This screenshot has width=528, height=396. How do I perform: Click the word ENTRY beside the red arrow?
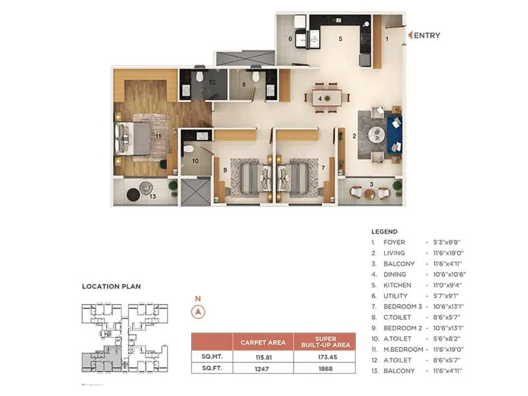pyautogui.click(x=428, y=36)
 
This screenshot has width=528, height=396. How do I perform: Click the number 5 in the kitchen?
pyautogui.click(x=341, y=39)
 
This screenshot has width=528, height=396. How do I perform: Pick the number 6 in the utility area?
pyautogui.click(x=290, y=39)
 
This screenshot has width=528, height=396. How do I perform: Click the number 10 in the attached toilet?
pyautogui.click(x=195, y=160)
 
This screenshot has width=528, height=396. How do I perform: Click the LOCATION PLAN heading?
pyautogui.click(x=111, y=287)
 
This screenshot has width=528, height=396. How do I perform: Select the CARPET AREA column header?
pyautogui.click(x=263, y=342)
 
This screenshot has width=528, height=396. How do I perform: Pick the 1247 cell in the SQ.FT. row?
pyautogui.click(x=263, y=370)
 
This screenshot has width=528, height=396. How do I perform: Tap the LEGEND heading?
pyautogui.click(x=385, y=232)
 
